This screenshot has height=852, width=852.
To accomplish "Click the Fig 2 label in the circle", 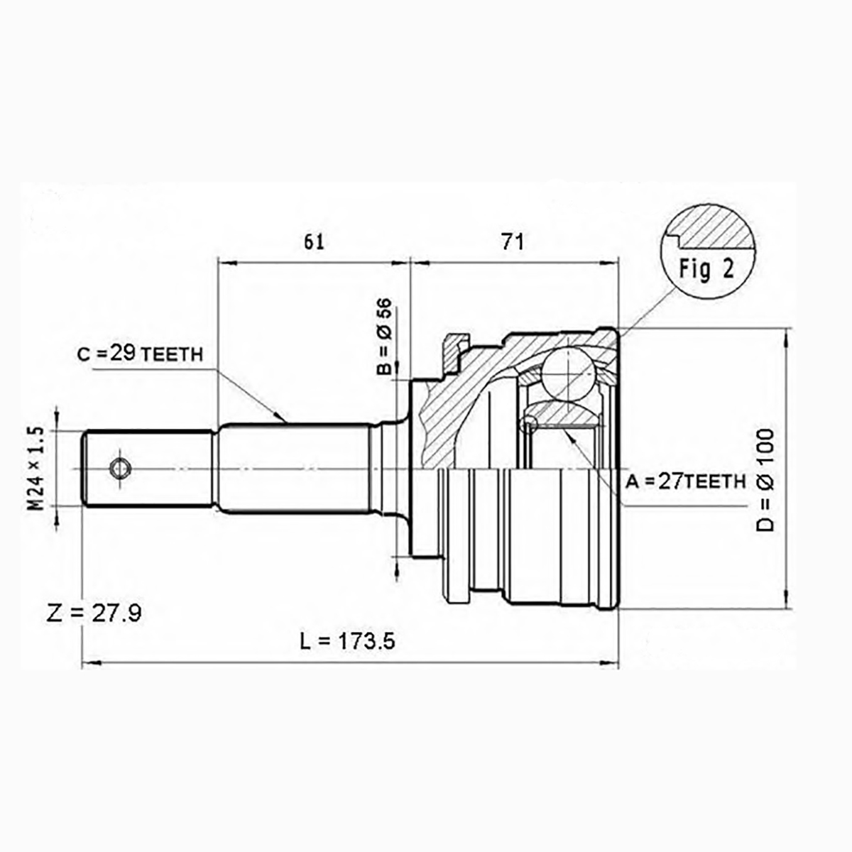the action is point(707,269).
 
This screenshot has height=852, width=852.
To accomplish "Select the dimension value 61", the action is point(314,242).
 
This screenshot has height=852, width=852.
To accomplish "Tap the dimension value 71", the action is point(513,242).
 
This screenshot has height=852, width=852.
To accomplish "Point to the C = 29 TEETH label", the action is point(140,354).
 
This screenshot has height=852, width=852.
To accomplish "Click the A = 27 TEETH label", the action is point(686,481).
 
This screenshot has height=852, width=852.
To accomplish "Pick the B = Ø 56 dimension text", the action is point(384,336).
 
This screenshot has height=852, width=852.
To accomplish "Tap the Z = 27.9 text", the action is point(94,613).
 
